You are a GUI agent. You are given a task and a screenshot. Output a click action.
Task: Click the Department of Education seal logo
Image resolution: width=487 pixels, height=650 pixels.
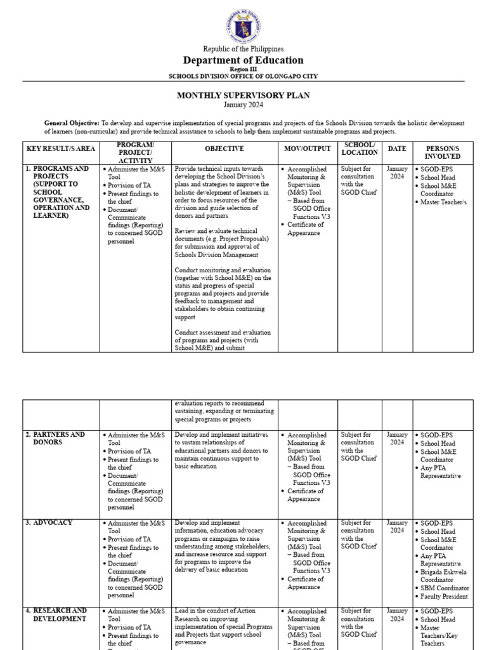coord(243,22)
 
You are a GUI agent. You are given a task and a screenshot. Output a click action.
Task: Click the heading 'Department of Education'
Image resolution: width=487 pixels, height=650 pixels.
coord(243,60)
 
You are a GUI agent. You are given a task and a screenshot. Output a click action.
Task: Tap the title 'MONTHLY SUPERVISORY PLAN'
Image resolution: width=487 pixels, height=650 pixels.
coord(243,95)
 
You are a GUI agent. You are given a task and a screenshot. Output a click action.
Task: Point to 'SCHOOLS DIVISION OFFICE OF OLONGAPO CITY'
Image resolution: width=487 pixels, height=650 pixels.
coord(243,76)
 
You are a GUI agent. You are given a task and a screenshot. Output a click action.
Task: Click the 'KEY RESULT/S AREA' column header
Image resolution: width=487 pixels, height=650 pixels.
coord(61,149)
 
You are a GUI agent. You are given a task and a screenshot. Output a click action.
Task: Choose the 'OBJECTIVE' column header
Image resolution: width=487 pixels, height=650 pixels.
coord(224,149)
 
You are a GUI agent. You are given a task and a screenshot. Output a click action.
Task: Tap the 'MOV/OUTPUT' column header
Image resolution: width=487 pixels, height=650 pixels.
coord(308,149)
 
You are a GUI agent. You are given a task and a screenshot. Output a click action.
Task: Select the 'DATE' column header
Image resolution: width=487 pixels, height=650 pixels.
coord(397,149)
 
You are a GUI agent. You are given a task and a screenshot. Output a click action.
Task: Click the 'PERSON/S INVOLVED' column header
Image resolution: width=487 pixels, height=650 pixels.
coord(443,152)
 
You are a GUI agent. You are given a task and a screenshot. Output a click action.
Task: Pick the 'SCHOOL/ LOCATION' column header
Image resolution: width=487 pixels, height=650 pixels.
coord(360,149)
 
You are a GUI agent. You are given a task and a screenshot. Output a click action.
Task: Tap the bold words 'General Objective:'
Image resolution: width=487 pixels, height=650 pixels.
coord(72,123)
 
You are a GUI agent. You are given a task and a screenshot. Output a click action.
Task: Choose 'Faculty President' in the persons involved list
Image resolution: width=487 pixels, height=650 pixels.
coord(445,597)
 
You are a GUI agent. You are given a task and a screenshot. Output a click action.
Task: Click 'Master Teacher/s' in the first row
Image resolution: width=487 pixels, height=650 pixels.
coord(443,202)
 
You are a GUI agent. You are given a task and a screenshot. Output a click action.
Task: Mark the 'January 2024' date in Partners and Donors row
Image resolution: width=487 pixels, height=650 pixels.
coord(397,439)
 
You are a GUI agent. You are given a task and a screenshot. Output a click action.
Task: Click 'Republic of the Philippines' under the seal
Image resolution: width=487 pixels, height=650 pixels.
coord(243,49)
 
